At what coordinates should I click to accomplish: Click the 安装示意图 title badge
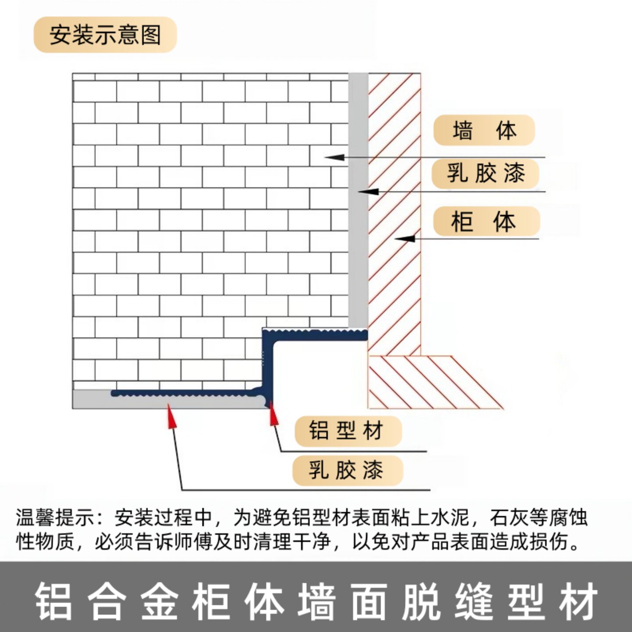[x=105, y=35]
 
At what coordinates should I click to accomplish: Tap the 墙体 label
[x=484, y=130]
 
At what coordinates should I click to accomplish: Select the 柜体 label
[x=486, y=221]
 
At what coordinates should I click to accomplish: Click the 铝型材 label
[x=348, y=431]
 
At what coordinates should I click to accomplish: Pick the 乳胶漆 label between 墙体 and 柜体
[x=485, y=173]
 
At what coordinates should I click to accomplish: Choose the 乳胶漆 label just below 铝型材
[x=348, y=470]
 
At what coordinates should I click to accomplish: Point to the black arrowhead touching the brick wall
[x=334, y=157]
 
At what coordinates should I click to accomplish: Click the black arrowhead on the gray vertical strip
[x=368, y=191]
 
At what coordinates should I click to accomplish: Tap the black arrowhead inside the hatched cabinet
[x=404, y=238]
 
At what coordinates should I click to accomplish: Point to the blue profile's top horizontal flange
[x=315, y=335]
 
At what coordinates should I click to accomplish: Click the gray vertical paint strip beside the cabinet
[x=358, y=200]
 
